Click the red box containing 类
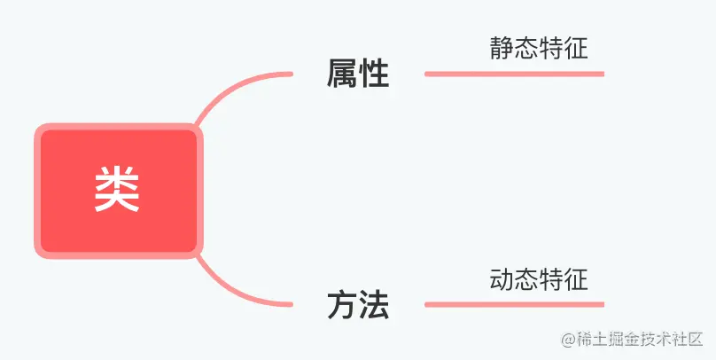(x=118, y=190)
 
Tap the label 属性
(x=358, y=74)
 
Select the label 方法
(x=358, y=305)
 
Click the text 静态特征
(x=538, y=48)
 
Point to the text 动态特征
(x=538, y=279)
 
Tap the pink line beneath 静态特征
(x=514, y=74)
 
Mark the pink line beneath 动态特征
(x=514, y=305)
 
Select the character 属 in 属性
(x=342, y=74)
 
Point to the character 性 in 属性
(x=374, y=74)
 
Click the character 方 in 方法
(x=342, y=305)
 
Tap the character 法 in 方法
(x=374, y=305)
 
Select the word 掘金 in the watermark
(x=611, y=340)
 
